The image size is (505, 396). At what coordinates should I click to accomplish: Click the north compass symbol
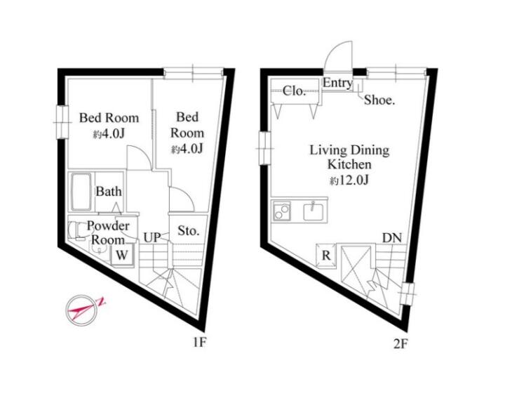(x=83, y=310)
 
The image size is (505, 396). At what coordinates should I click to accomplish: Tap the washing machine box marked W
(x=122, y=255)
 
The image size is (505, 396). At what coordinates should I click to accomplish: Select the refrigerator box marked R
(x=326, y=256)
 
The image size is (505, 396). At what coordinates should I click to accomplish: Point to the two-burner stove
(x=282, y=211)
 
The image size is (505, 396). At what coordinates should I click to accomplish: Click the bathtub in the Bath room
(x=81, y=192)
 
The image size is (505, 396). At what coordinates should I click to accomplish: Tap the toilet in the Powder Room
(x=77, y=230)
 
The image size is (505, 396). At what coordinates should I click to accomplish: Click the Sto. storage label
(x=189, y=230)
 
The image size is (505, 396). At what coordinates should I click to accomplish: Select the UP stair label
(x=151, y=237)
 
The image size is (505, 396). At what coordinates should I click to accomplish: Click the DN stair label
(x=392, y=238)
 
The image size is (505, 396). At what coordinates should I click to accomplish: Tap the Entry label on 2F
(x=337, y=83)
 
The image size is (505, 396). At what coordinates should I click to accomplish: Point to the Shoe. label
(x=379, y=100)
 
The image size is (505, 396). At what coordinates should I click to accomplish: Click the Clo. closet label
(x=294, y=91)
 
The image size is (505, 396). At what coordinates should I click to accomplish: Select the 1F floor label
(x=199, y=343)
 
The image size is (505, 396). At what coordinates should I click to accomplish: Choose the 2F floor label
(x=400, y=344)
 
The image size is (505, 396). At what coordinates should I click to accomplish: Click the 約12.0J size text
(x=349, y=180)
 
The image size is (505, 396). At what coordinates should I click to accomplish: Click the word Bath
(x=109, y=191)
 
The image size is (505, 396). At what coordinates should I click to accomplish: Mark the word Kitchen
(x=349, y=164)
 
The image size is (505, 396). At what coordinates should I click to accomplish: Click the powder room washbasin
(x=99, y=249)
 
